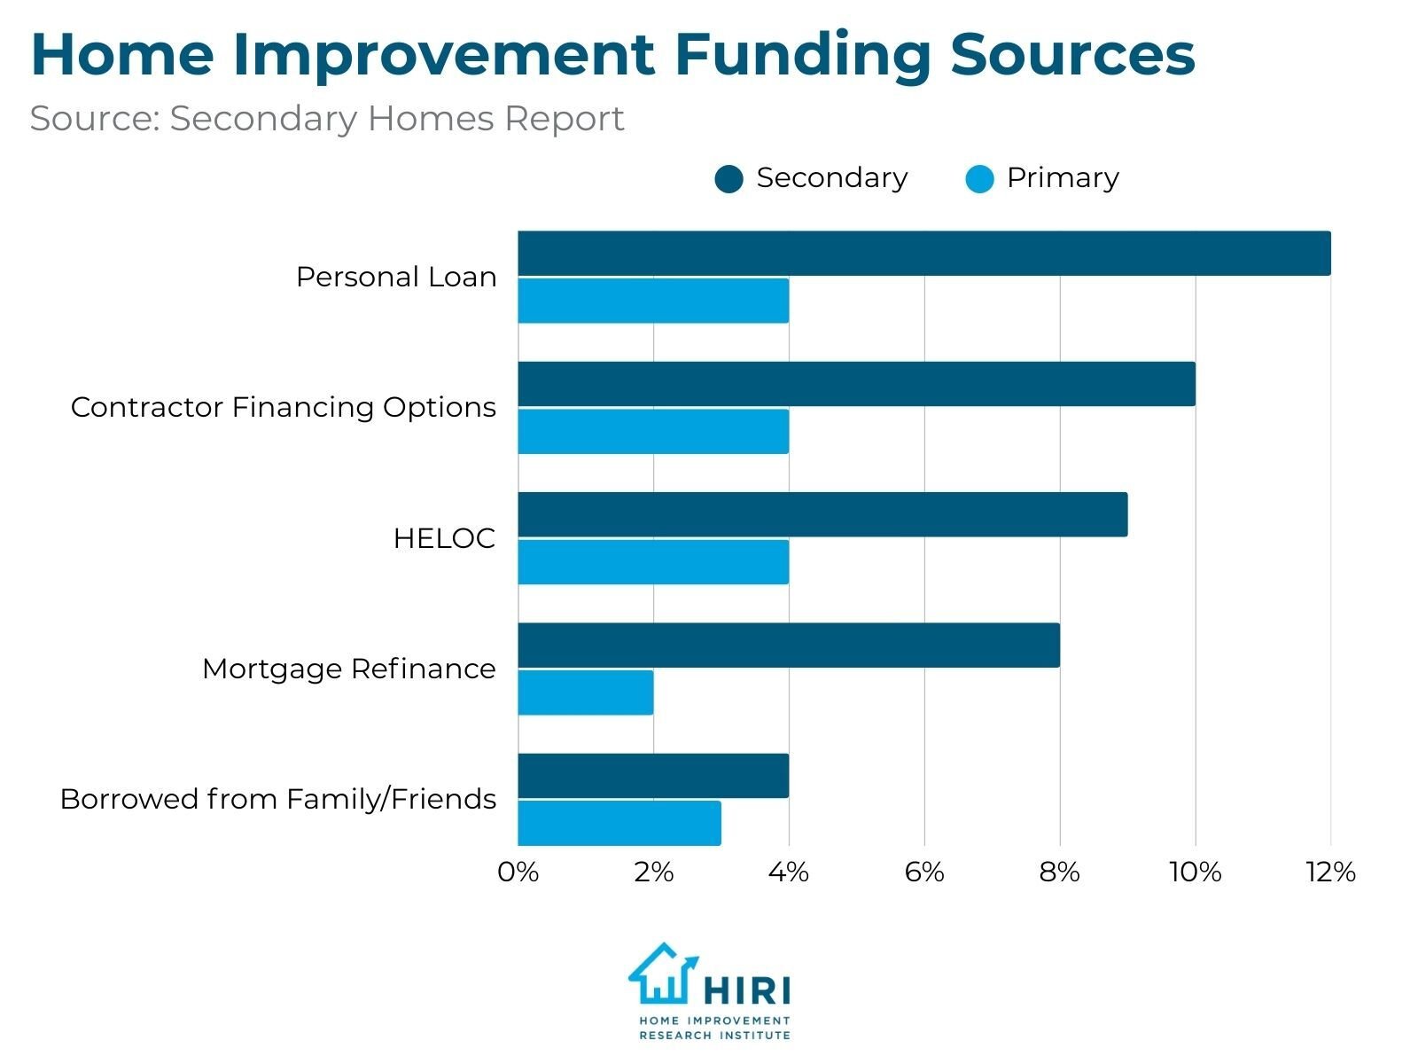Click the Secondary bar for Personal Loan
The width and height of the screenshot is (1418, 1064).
(923, 254)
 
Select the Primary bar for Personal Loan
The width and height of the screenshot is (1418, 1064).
(653, 301)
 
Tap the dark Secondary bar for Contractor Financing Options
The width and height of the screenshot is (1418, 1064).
(856, 384)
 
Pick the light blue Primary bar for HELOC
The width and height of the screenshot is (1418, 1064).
(653, 562)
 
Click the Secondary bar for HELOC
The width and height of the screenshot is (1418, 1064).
(822, 514)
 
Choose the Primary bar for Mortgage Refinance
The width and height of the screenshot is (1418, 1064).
(586, 692)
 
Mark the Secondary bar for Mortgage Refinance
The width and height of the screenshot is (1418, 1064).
(789, 645)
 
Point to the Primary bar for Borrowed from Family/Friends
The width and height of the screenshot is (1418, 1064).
(619, 823)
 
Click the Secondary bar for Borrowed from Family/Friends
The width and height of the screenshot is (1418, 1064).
(653, 776)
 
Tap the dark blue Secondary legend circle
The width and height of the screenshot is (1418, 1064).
(728, 179)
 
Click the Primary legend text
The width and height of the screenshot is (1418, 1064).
(1062, 178)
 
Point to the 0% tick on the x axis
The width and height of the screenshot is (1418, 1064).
(518, 872)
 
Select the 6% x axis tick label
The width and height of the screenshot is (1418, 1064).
(923, 872)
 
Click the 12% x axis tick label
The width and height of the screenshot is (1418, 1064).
(1329, 872)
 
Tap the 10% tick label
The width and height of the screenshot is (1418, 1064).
(1195, 872)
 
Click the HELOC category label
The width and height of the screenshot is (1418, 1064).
(443, 538)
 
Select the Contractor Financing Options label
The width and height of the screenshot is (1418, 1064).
(283, 408)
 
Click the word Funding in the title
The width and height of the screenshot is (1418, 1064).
(802, 55)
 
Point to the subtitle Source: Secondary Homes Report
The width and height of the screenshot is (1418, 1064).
(327, 119)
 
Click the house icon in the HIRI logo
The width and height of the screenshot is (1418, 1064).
(661, 974)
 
